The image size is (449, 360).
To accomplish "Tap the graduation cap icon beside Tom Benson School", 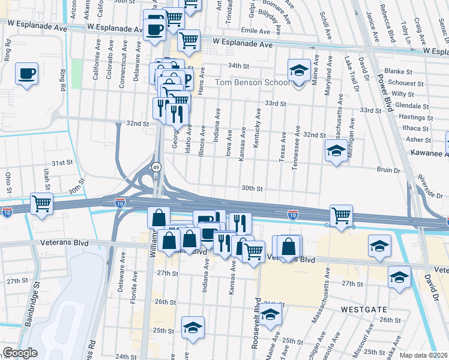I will click(x=298, y=71).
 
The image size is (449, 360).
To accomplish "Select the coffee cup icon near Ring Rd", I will click(x=26, y=74).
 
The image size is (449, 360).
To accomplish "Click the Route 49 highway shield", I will click(x=156, y=167).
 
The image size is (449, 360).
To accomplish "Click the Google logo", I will click(x=20, y=353).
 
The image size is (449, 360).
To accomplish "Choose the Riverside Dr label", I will click(x=430, y=187).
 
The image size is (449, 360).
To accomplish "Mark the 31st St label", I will click(x=61, y=163).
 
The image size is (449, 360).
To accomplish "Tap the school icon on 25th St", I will click(x=193, y=328).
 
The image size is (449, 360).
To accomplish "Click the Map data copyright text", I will click(x=423, y=355).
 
